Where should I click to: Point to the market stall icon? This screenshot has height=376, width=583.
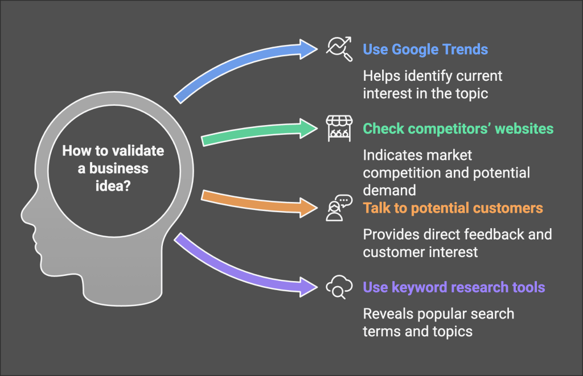[x=339, y=129]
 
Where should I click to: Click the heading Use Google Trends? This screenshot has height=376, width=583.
[x=425, y=49]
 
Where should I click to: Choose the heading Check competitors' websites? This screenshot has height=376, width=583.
[x=458, y=129]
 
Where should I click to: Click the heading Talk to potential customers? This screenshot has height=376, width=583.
[x=453, y=208]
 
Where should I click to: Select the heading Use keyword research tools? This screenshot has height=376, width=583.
[x=454, y=287]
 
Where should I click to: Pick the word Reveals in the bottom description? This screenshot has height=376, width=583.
[x=387, y=313]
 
